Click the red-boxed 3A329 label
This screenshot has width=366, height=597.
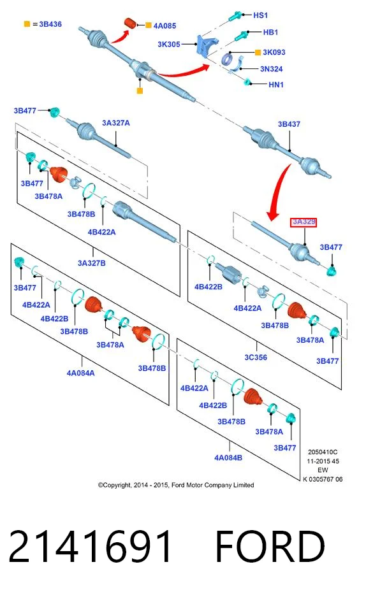pos(304,222)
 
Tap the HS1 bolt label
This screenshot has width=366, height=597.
pos(261,15)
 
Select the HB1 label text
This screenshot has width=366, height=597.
pos(270,32)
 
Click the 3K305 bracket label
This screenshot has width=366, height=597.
pos(169,44)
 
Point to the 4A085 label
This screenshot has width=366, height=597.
pos(165,26)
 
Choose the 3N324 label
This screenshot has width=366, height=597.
pos(271,69)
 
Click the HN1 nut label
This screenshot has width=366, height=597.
pos(275,85)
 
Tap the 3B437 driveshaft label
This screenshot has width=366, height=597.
pos(289,124)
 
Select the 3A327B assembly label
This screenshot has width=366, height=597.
pos(91,263)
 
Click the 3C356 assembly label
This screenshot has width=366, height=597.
pos(256,357)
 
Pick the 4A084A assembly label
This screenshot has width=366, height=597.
pos(81,373)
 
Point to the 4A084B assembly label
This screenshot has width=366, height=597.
pos(228,457)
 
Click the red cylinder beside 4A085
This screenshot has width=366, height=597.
pos(131,22)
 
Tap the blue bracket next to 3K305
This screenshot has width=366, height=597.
pos(205,45)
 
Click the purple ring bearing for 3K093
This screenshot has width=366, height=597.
pos(228,59)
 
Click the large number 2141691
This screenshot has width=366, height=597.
pos(91,547)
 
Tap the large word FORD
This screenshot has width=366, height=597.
pos(270,547)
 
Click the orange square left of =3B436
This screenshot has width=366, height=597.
pos(27,24)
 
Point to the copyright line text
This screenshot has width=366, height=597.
pos(176,485)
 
